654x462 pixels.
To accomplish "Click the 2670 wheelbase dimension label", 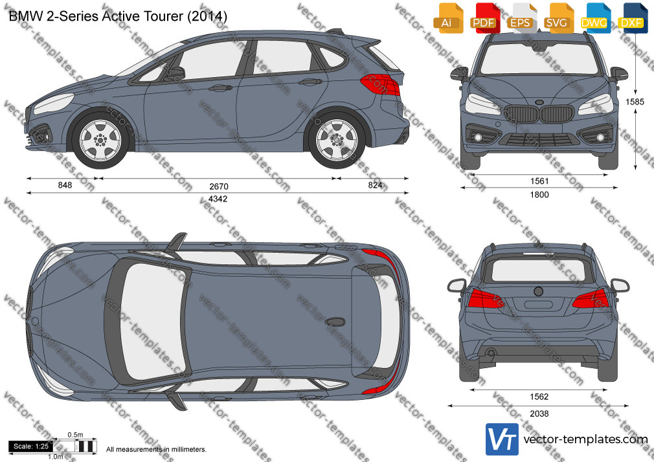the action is coord(219,186).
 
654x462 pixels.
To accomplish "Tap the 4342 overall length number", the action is coord(218,199).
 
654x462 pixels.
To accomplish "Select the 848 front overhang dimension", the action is coord(65,185).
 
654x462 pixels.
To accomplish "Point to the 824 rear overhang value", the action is coord(375,185).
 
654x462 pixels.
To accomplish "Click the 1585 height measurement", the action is coord(635,102).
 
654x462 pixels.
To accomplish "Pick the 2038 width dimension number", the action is coord(539,413).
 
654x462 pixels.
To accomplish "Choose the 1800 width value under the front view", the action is coord(539,195).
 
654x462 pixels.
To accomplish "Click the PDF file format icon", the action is coord(484,18).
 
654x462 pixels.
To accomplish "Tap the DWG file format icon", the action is coord(594,18).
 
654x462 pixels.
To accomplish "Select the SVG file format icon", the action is coord(558,18).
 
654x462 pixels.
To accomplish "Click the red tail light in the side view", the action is coord(380,84).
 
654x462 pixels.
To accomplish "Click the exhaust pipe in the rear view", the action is coord(491,353).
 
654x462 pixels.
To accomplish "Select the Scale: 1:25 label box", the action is coord(31,446).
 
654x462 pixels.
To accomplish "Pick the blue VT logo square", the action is coord(502,439).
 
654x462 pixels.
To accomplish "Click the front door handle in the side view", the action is coord(220,88).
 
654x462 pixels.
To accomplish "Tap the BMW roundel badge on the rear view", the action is coord(539,291).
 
